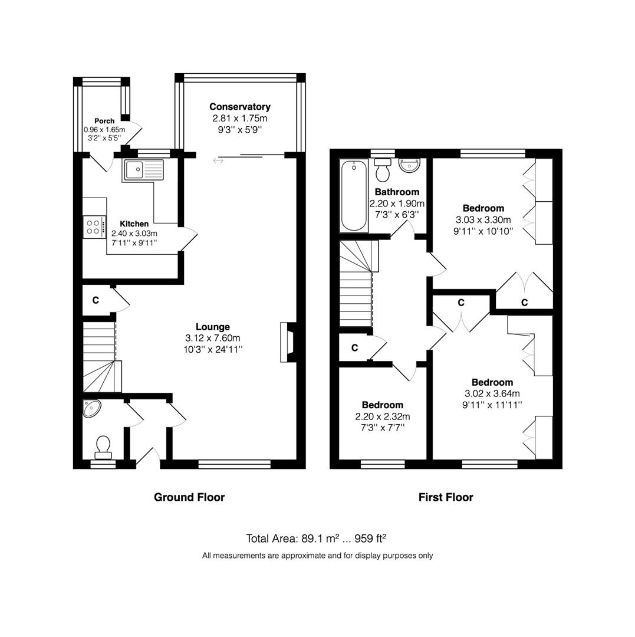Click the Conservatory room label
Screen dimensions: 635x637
point(239,107)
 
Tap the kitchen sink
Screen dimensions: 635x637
point(143,170)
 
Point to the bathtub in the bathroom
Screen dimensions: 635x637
point(354,196)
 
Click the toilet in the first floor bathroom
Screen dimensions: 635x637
point(383,170)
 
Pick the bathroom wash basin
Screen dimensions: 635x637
point(410,165)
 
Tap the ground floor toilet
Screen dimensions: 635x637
point(103,448)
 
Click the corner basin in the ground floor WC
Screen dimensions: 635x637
point(91,408)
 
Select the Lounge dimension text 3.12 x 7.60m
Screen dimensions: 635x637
point(213,338)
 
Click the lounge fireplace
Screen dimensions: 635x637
point(288,342)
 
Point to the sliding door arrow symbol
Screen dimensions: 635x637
point(218,161)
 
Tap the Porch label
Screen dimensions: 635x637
point(104,121)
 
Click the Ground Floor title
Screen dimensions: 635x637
point(189,497)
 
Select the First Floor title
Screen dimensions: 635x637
point(446,497)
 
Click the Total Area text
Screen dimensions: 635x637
point(316,539)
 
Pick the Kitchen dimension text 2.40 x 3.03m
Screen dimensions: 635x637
point(134,234)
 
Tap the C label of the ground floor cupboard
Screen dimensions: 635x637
point(96,300)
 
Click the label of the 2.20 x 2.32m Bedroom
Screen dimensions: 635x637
point(383,405)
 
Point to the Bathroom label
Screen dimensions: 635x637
point(397,192)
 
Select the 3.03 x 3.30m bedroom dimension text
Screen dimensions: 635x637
point(483,220)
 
